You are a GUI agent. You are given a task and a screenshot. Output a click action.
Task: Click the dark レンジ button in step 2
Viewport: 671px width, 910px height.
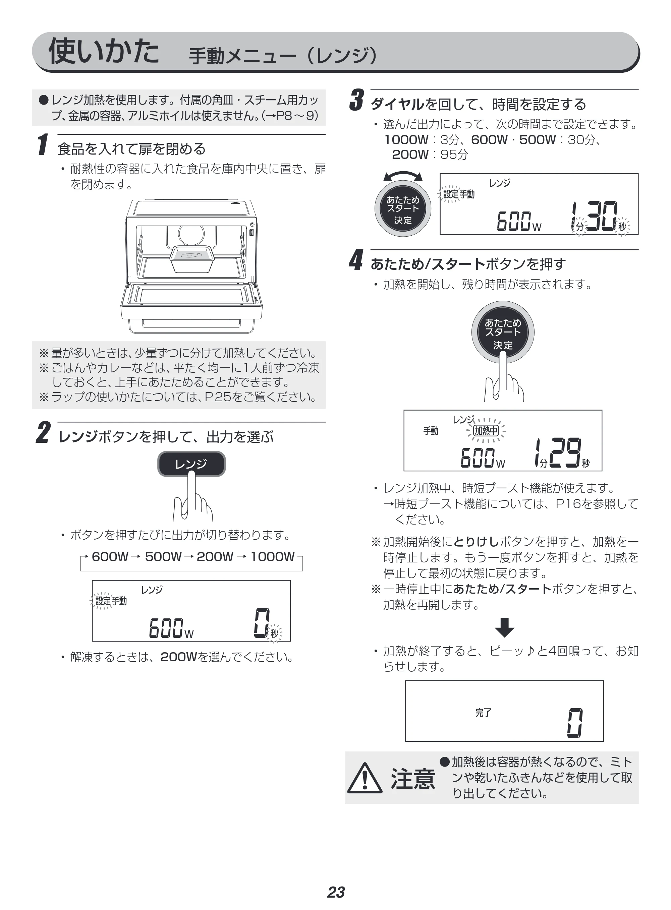coord(191,464)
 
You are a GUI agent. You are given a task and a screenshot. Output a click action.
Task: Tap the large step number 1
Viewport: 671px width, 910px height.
coord(43,144)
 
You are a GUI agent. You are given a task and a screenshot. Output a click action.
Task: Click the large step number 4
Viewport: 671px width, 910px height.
coord(356,260)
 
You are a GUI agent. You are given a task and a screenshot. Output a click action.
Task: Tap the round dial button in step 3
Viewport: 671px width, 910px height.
coord(402,208)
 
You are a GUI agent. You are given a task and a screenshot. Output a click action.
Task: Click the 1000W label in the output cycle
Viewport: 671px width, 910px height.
coord(273,556)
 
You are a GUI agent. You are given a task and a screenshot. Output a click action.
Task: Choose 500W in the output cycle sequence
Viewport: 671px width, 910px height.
coord(163,556)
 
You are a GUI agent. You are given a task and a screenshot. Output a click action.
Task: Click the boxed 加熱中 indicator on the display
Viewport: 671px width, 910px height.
coord(486,430)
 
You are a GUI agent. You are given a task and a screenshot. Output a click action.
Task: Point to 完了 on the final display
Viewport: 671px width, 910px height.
coord(483,712)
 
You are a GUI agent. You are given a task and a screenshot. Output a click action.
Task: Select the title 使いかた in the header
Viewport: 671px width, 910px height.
coord(104,51)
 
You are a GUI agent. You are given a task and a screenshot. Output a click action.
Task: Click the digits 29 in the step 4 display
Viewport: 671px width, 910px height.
coord(565,452)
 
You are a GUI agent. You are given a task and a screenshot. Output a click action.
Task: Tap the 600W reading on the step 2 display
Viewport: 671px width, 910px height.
coord(171,627)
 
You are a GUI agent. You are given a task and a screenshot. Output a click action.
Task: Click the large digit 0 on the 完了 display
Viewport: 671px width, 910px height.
coord(575,723)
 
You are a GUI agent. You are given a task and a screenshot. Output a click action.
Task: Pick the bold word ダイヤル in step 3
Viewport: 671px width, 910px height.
coord(397,104)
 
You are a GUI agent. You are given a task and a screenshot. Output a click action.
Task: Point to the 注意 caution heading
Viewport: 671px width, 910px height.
coord(413,779)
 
